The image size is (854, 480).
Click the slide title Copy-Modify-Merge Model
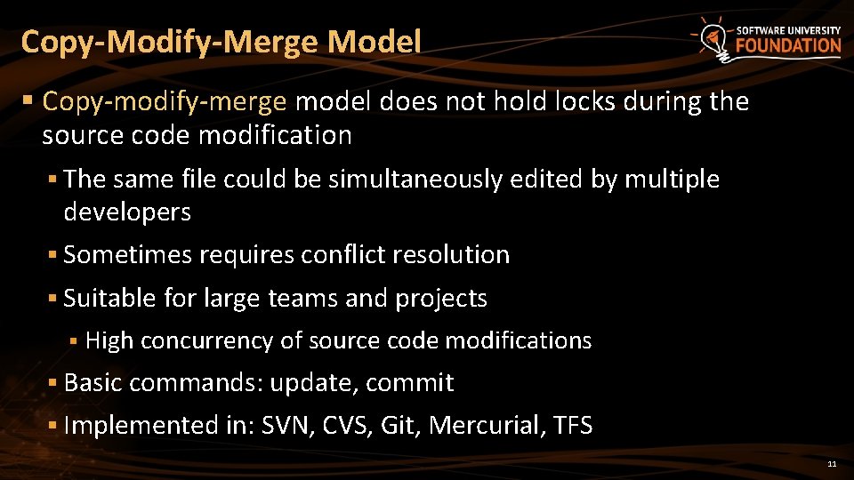pyautogui.click(x=221, y=42)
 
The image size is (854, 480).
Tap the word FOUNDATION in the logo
pyautogui.click(x=788, y=45)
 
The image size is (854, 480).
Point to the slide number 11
pyautogui.click(x=832, y=464)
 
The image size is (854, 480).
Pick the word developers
pyautogui.click(x=127, y=212)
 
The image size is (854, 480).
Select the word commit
pyautogui.click(x=409, y=383)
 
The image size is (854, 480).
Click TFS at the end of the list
pyautogui.click(x=572, y=426)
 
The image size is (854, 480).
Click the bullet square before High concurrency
pyautogui.click(x=75, y=341)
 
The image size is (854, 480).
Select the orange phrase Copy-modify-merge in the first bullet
pyautogui.click(x=165, y=102)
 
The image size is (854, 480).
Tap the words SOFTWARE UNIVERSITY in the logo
pyautogui.click(x=788, y=29)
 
